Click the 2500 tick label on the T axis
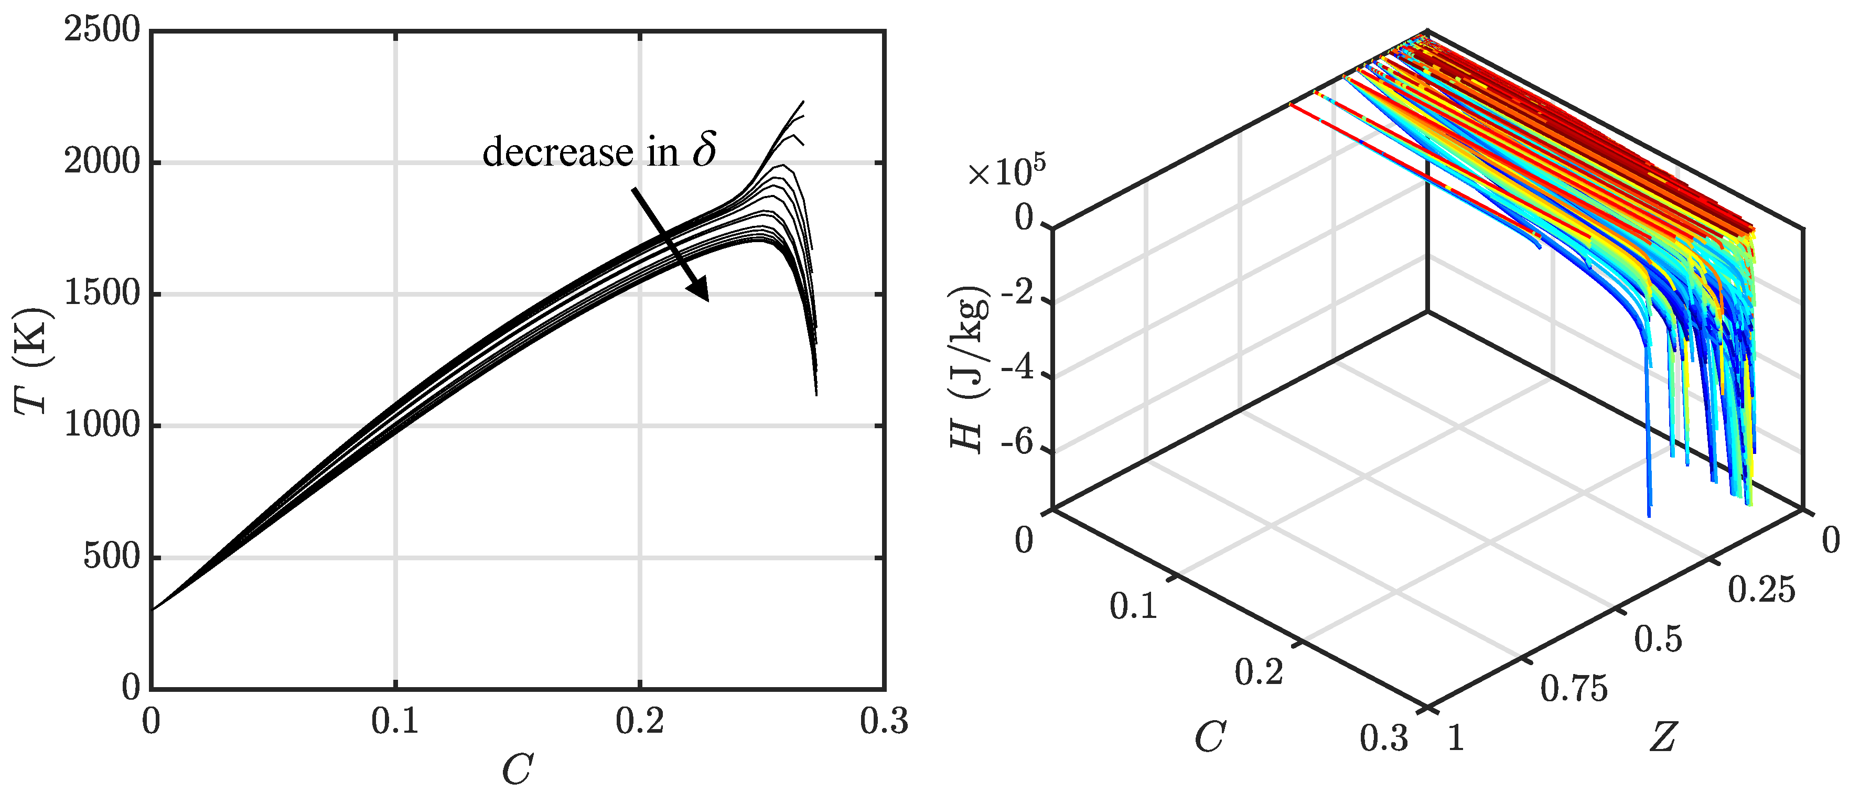pyautogui.click(x=102, y=31)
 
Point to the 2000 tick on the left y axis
pyautogui.click(x=102, y=162)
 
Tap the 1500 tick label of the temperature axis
pyautogui.click(x=102, y=294)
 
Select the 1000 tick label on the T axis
pyautogui.click(x=102, y=426)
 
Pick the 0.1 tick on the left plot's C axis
pyautogui.click(x=395, y=721)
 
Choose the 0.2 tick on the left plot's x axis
pyautogui.click(x=640, y=721)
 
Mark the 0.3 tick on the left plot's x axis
pyautogui.click(x=884, y=721)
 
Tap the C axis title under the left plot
pyautogui.click(x=517, y=770)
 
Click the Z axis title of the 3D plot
pyautogui.click(x=1662, y=737)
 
